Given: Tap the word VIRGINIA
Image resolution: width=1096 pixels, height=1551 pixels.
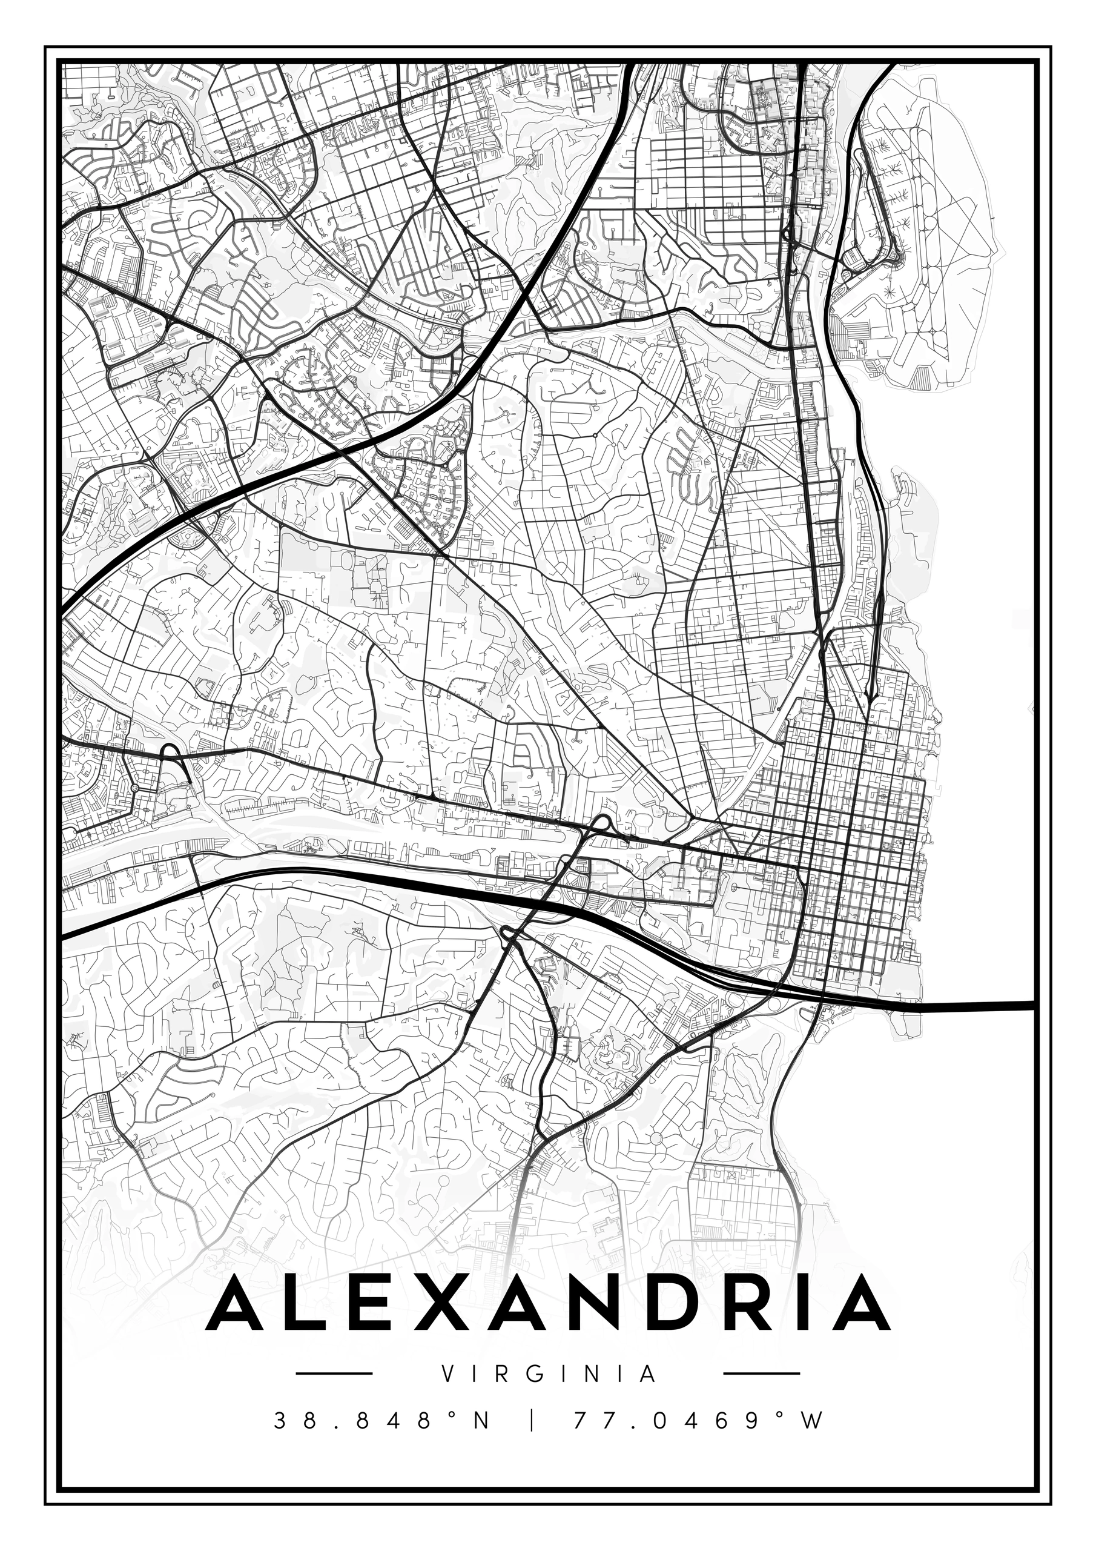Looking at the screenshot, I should pyautogui.click(x=547, y=1373).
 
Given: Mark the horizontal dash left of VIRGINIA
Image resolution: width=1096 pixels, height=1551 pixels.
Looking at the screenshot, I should pyautogui.click(x=334, y=1373).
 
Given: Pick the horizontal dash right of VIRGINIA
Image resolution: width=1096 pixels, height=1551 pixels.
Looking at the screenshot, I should pyautogui.click(x=761, y=1373).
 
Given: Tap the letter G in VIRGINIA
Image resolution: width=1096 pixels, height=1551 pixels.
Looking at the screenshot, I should pyautogui.click(x=540, y=1373).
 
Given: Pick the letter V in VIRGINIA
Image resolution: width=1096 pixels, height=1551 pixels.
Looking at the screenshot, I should pyautogui.click(x=446, y=1373).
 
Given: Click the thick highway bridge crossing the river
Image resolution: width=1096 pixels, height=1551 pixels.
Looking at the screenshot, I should pyautogui.click(x=972, y=1006).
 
